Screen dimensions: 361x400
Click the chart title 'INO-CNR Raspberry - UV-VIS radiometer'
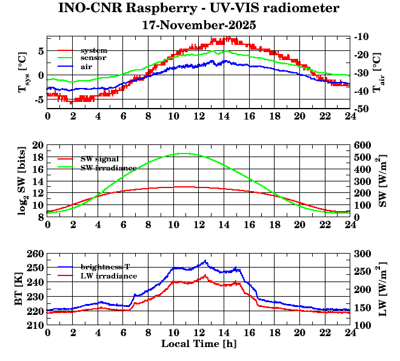[199, 9]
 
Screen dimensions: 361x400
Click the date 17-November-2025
[199, 25]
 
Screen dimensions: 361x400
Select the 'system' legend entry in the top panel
[93, 50]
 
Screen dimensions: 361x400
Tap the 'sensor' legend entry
[93, 58]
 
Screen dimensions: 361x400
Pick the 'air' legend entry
[86, 66]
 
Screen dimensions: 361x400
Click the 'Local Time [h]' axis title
[199, 343]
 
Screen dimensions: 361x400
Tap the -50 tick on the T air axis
[362, 109]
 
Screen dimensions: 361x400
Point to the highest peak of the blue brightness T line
[205, 261]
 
